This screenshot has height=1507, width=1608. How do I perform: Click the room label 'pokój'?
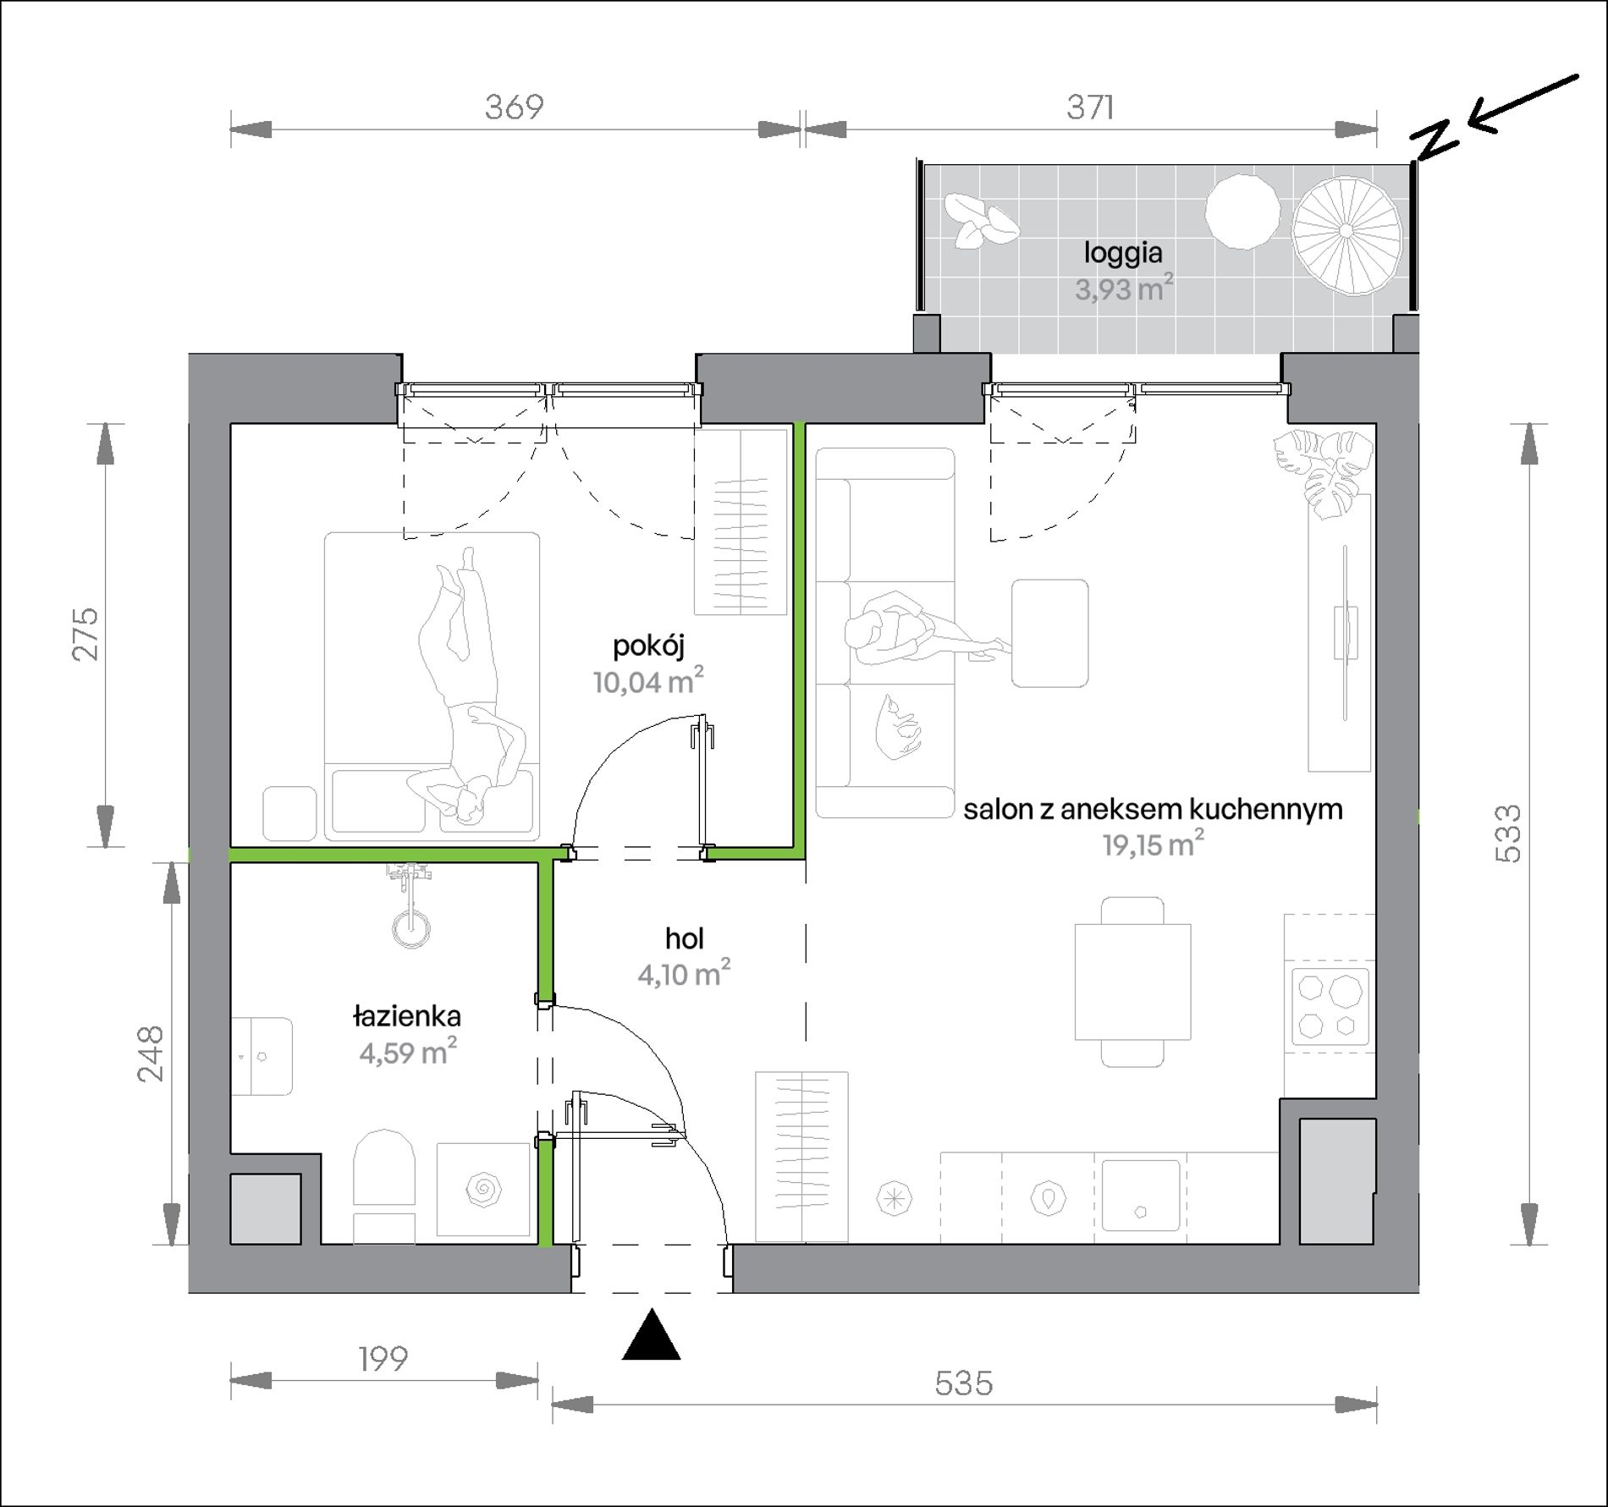coord(648,647)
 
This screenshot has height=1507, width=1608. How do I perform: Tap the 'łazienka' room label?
coord(407,1015)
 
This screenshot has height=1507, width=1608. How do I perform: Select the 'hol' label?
coord(684,938)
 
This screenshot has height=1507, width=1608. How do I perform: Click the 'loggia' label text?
coord(1123,253)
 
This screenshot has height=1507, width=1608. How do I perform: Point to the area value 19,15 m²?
coord(1153,844)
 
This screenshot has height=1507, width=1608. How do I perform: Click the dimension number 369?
coord(514,107)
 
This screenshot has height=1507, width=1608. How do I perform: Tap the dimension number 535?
coord(963,1383)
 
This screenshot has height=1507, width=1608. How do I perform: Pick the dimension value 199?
coord(383,1359)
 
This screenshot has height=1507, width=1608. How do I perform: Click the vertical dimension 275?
coord(85,634)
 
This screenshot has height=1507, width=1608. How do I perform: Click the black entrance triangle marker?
coord(651,1334)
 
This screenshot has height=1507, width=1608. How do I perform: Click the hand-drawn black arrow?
coord(1522,105)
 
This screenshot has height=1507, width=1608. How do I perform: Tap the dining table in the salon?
coord(1132,982)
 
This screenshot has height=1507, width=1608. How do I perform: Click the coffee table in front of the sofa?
coord(1049,633)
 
